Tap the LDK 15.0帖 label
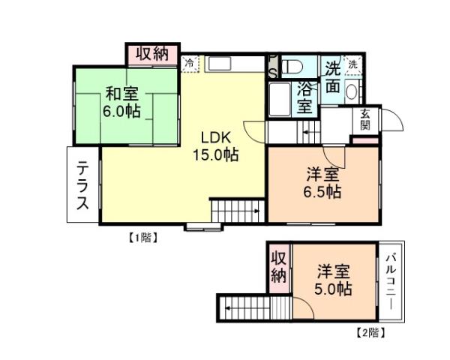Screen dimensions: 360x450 217,146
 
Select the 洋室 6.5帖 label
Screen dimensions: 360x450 323,184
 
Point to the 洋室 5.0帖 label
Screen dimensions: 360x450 333,279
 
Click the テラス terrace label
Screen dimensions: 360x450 83,185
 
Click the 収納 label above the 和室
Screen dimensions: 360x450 152,54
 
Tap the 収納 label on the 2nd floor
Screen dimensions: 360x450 278,266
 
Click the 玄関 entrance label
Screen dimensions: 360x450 365,119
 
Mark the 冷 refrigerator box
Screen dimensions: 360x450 190,62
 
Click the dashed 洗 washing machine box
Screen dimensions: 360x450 352,64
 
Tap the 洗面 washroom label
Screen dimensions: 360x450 332,76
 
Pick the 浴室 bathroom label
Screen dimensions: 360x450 304,97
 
